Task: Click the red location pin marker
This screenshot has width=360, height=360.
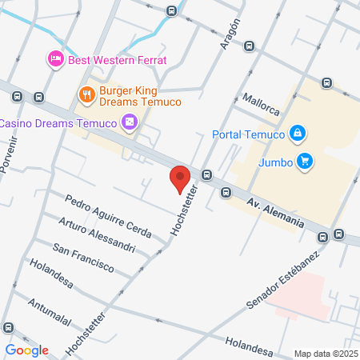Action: [x=180, y=178]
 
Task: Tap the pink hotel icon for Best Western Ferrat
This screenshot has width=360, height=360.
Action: [x=55, y=58]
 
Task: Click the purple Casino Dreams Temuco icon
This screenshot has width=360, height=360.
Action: [x=129, y=122]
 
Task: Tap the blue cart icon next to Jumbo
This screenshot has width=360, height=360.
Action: [x=304, y=161]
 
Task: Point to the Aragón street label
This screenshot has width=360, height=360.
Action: [x=230, y=34]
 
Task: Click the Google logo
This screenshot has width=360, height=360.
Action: [x=27, y=350]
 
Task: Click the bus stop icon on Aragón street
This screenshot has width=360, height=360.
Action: [x=250, y=46]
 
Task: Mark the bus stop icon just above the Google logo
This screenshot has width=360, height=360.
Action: [x=9, y=328]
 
